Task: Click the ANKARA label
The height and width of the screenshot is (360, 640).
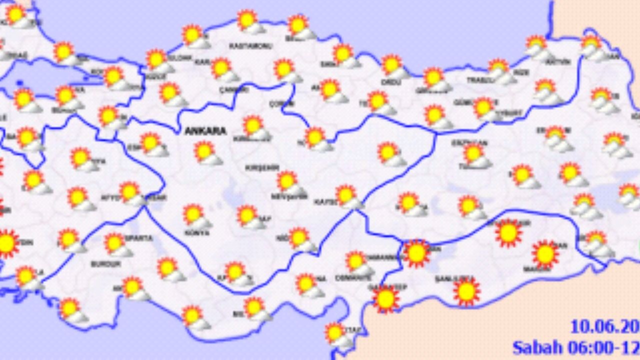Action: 205,131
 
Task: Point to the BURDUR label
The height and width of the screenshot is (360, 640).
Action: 105,263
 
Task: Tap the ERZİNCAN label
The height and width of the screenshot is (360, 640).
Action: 469,142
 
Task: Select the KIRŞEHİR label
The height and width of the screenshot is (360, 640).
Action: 261,168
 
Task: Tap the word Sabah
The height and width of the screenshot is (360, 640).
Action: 537,347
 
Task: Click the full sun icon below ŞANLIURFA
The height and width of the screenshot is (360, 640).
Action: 466,291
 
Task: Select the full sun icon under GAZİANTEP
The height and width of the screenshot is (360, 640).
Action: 385,298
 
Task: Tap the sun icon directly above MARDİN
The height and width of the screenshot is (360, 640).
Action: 545,253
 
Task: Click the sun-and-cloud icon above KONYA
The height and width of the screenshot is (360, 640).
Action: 195,215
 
